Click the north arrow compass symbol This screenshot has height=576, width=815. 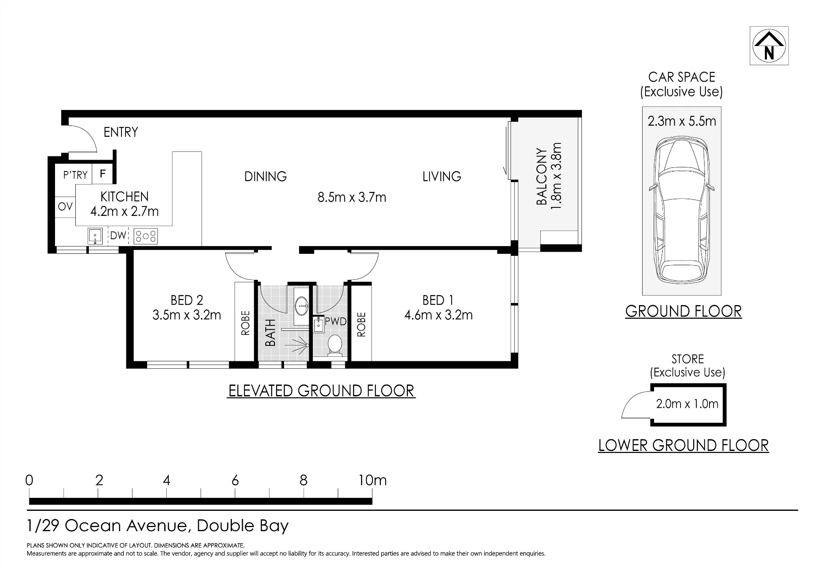769,46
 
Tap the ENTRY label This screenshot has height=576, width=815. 121,132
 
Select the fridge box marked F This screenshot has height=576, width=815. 103,174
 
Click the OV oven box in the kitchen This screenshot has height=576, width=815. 65,207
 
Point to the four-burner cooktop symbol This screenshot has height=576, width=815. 145,236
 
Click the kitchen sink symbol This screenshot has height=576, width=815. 95,236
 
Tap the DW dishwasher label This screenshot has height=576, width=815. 118,235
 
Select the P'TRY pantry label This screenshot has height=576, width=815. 75,175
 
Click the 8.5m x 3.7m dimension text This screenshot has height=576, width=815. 352,197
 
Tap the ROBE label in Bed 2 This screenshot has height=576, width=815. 245,323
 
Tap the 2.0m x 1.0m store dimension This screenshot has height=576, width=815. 687,404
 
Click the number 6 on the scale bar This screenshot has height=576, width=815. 235,481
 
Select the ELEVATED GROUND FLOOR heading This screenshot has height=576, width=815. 321,391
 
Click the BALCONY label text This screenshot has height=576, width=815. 541,176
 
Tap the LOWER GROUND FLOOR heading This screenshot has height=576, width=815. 683,445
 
